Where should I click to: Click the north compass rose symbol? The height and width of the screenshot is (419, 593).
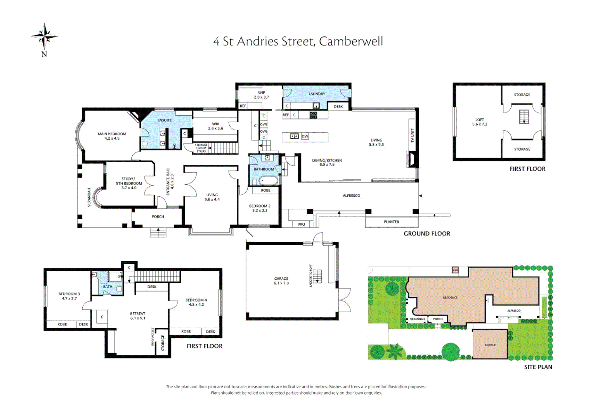tap(44, 37)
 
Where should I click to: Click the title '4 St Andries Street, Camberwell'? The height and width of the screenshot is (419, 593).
tap(298, 41)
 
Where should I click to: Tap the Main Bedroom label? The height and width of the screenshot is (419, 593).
tap(112, 136)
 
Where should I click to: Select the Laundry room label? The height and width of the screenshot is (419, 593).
tap(317, 94)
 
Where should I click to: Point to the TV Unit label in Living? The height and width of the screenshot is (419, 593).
tap(412, 135)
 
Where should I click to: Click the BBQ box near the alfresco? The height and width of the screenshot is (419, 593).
tap(301, 224)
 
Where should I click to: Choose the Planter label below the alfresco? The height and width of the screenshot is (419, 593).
tap(391, 222)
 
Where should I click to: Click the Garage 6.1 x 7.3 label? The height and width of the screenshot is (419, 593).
tap(281, 281)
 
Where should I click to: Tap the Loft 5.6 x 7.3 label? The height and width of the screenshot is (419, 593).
tap(480, 122)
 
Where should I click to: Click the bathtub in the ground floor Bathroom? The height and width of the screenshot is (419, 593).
tap(268, 180)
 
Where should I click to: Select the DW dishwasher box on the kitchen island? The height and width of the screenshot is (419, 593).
tap(305, 136)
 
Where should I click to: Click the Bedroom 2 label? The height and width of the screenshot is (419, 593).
tap(260, 208)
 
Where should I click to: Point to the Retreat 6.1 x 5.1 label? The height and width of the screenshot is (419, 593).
tap(138, 316)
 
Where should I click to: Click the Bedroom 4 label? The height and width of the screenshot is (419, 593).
tap(196, 302)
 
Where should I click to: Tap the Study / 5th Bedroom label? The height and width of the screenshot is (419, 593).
tap(129, 184)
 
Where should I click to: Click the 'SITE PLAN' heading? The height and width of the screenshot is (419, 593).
tap(538, 367)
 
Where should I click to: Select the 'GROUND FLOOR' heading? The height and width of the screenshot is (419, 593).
tap(427, 234)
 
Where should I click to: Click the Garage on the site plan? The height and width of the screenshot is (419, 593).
tap(490, 345)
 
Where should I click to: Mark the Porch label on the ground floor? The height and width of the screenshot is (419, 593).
tap(158, 216)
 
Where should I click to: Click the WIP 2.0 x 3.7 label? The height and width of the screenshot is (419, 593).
tap(262, 95)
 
